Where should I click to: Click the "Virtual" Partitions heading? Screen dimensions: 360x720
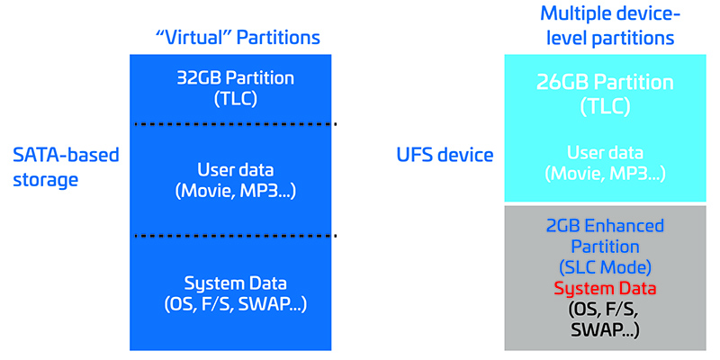tap(231, 38)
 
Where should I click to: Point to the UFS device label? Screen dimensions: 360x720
tap(446, 155)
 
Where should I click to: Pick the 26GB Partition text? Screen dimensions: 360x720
tap(605, 83)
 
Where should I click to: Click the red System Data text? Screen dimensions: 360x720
tap(605, 289)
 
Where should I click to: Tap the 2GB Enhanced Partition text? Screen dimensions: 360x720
tap(605, 236)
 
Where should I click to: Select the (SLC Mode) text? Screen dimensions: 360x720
tap(605, 268)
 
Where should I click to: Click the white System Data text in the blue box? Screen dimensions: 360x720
tap(231, 283)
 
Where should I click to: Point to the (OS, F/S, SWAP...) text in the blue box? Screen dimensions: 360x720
tap(231, 303)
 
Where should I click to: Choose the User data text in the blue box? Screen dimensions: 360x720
tap(231, 168)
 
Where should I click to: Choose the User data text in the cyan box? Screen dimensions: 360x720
tap(605, 153)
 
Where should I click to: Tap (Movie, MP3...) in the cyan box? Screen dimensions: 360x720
tap(605, 174)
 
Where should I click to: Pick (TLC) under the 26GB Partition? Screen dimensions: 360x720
tap(605, 106)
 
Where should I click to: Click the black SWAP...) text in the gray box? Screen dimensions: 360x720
tap(605, 330)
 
